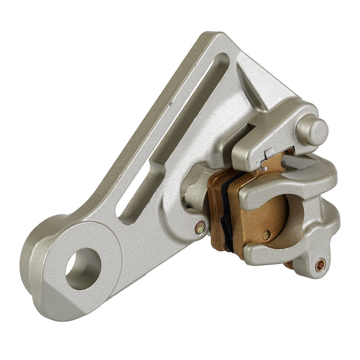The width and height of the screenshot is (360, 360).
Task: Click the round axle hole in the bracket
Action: [x=83, y=268]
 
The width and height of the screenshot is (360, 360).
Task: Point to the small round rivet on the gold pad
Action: [x=267, y=234]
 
